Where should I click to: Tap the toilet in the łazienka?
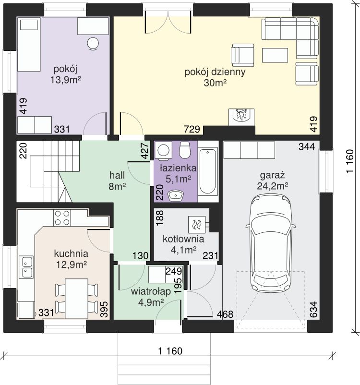[185, 150]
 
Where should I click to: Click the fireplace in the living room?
[241, 117]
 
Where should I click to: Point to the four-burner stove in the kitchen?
[62, 218]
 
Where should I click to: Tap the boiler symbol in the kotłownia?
[197, 224]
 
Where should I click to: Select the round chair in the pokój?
[93, 44]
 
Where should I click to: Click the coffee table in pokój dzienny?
[275, 55]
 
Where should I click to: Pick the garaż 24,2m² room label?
[272, 181]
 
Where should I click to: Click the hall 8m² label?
[117, 181]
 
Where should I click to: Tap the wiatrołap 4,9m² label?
[151, 297]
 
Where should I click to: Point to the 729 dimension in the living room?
[192, 129]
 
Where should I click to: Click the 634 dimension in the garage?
[314, 310]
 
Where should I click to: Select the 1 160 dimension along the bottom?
[170, 351]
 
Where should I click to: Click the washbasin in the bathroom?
[176, 195]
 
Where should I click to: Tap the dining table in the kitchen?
[77, 298]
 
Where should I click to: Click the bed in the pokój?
[29, 45]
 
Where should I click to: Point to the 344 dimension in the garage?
[307, 146]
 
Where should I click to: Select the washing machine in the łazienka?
[163, 149]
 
